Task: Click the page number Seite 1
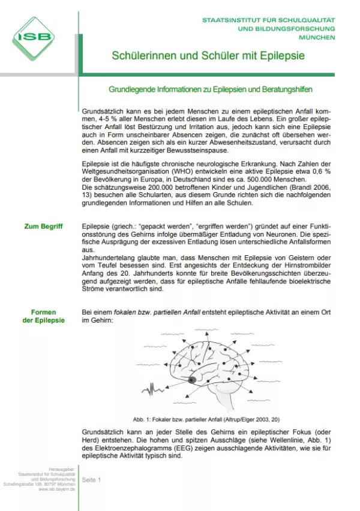pyautogui.click(x=92, y=480)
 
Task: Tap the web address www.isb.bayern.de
pyautogui.click(x=57, y=489)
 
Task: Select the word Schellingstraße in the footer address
pyautogui.click(x=22, y=484)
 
